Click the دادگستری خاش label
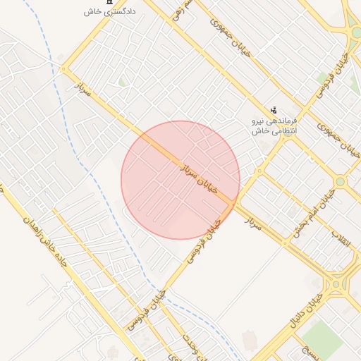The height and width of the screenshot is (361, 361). click(x=109, y=12)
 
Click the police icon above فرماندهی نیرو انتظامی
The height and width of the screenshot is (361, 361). click(x=274, y=110)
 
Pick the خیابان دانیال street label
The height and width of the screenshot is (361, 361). click(x=304, y=314)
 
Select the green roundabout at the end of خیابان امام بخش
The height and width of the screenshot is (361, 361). click(x=341, y=181)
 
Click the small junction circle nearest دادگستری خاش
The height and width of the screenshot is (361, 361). click(x=63, y=70)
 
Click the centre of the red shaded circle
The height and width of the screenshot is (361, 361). click(x=180, y=180)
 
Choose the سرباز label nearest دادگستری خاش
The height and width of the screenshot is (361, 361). click(x=84, y=89)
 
